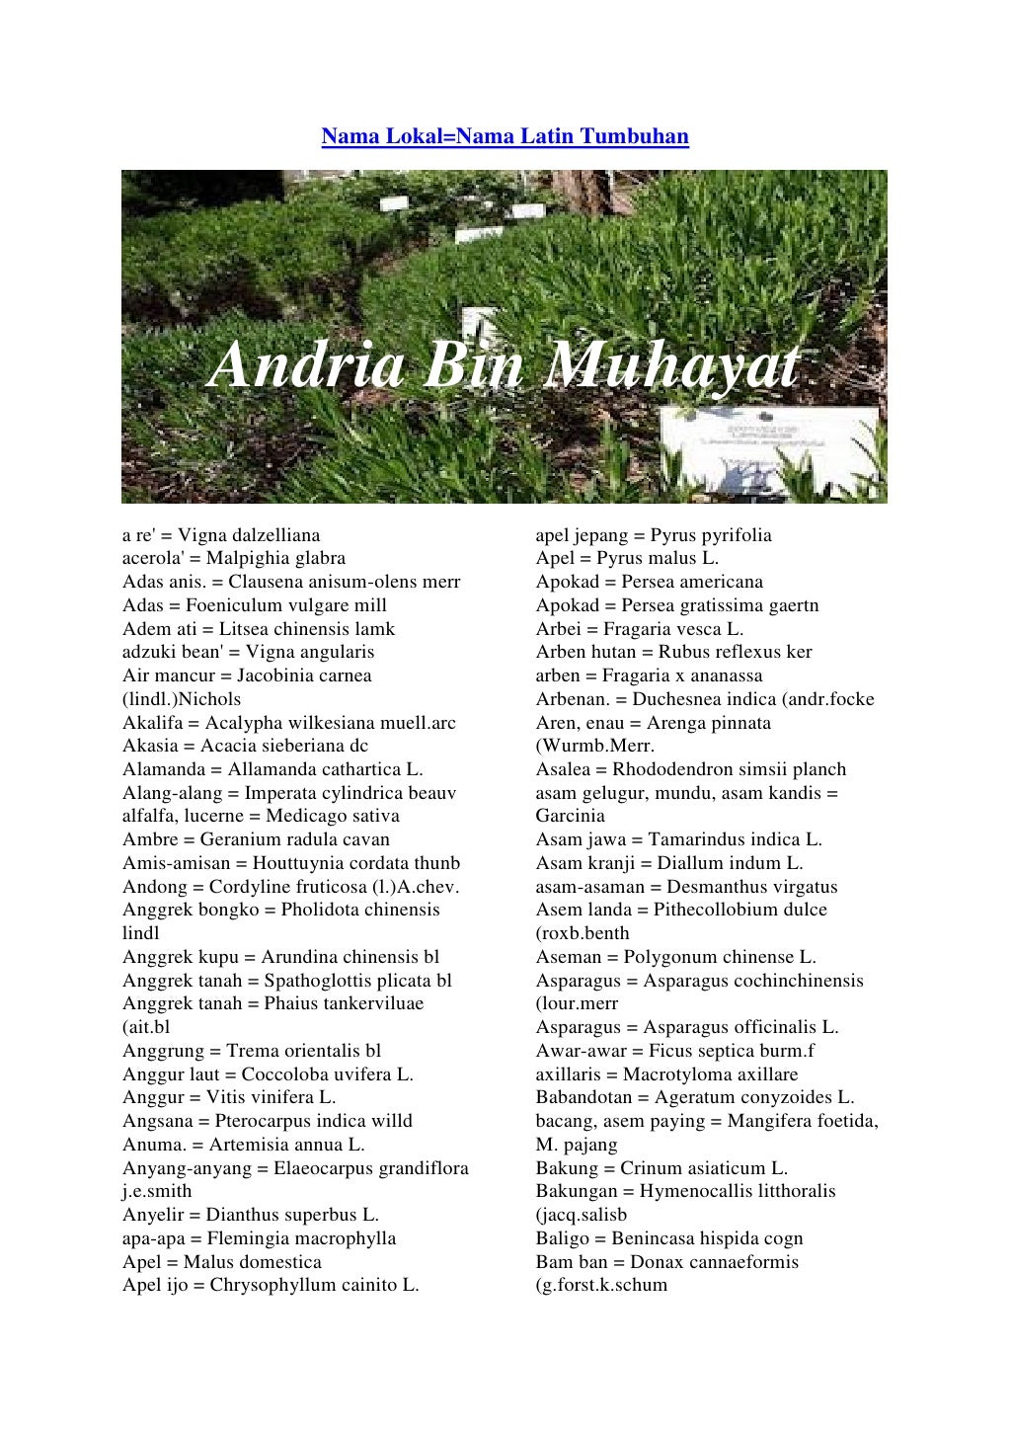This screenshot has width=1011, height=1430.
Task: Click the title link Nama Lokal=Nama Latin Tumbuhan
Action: (505, 135)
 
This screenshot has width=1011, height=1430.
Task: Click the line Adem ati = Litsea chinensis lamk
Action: (259, 629)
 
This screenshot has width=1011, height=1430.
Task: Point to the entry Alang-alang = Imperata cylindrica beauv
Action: (289, 793)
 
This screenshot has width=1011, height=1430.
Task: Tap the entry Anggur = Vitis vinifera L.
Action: (229, 1097)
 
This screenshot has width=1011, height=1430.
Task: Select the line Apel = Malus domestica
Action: (222, 1262)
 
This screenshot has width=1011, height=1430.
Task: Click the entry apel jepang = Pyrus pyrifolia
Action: (654, 535)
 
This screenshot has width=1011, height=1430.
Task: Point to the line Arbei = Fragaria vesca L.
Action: (640, 629)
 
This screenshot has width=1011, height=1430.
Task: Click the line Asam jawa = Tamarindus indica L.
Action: (679, 839)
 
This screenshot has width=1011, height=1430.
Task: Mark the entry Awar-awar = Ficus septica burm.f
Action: (675, 1051)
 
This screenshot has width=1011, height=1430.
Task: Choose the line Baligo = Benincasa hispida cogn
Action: (669, 1238)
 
